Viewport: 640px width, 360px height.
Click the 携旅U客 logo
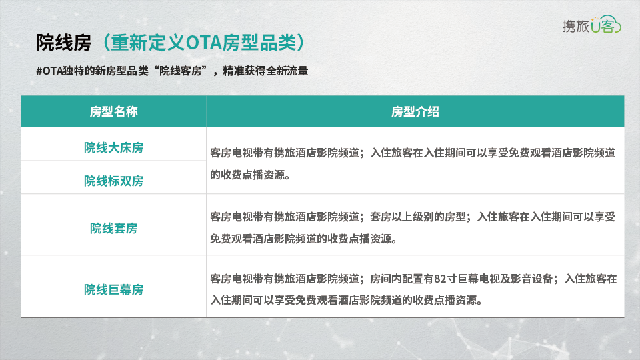591,25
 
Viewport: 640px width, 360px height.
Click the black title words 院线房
64,43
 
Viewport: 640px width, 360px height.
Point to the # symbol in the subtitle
39,71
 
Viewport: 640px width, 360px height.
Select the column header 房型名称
113,111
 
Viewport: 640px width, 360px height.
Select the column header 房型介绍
415,111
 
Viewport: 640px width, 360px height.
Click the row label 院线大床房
113,147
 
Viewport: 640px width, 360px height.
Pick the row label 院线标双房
113,181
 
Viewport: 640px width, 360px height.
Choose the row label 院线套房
113,228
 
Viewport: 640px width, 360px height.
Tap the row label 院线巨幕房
113,289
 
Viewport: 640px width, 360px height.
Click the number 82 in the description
440,279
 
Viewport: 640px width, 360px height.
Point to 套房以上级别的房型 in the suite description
418,217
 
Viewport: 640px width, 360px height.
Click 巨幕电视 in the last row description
479,279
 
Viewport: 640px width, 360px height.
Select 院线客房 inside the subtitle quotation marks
181,71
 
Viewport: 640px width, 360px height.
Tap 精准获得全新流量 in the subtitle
265,71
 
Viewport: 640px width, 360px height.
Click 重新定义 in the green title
148,43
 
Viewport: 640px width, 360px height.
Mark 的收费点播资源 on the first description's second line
247,175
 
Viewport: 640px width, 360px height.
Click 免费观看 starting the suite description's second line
231,239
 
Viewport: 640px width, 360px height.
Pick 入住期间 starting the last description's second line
231,301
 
